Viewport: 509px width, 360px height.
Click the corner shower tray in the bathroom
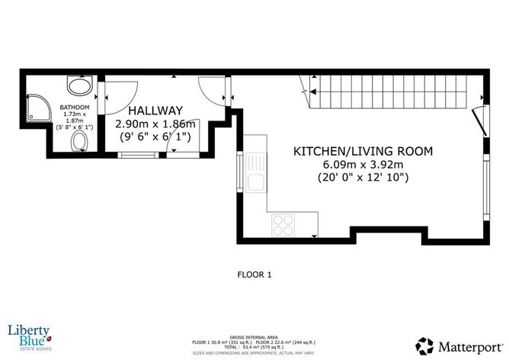point(40,108)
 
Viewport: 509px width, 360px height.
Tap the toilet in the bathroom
point(78,142)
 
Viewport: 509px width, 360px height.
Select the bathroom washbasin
point(78,85)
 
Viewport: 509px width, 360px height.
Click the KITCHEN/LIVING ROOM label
point(363,151)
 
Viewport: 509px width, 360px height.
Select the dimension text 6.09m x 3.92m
point(363,165)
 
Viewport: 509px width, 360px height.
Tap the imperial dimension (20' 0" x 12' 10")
point(363,178)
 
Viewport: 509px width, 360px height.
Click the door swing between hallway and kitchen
point(209,88)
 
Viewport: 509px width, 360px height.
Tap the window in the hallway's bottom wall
point(135,156)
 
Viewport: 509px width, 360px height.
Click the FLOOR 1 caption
point(254,274)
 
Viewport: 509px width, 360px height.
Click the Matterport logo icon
point(425,345)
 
